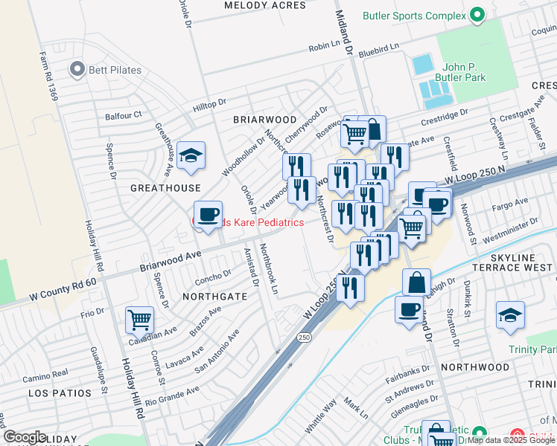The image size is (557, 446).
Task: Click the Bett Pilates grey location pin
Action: click(x=76, y=70)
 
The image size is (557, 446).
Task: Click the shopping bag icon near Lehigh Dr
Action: click(x=416, y=282)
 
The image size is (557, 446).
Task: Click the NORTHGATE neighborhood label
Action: click(x=215, y=296)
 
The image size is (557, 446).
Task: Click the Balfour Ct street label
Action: click(x=123, y=115)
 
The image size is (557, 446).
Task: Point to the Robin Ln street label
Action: click(x=325, y=48)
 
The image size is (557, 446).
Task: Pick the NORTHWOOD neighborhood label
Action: click(x=474, y=367)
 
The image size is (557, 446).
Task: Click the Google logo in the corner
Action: click(x=25, y=437)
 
